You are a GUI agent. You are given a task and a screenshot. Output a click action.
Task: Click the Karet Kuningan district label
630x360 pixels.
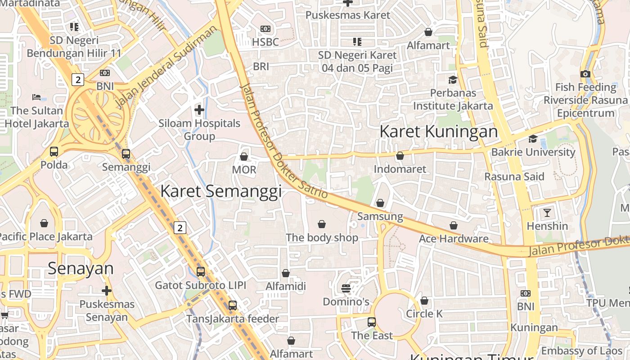click(439, 132)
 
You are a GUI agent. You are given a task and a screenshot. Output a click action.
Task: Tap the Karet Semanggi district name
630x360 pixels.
click(221, 191)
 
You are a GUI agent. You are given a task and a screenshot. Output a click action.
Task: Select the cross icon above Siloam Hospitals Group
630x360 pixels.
click(199, 109)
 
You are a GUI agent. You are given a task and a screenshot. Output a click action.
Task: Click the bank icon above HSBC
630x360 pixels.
click(265, 29)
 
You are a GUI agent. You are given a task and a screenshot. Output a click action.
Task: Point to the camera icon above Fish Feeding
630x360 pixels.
click(585, 74)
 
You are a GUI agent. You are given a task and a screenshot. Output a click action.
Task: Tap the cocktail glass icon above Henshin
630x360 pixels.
click(547, 212)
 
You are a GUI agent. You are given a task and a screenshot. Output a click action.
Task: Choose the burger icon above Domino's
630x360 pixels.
click(346, 288)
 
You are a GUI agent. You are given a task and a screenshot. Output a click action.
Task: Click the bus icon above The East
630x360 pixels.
click(372, 322)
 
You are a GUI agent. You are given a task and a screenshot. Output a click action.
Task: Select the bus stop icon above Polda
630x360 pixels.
click(54, 152)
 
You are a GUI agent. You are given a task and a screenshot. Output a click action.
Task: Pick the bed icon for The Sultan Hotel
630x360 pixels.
click(36, 97)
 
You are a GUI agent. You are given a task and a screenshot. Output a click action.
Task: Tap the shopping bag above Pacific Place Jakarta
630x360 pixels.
click(44, 223)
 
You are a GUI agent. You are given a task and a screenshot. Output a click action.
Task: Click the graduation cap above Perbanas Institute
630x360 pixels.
click(453, 80)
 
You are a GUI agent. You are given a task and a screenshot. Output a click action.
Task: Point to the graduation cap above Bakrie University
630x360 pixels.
click(533, 139)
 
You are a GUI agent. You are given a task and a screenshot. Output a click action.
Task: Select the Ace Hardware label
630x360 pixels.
click(454, 238)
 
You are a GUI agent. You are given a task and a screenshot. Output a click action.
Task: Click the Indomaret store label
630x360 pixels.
click(400, 169)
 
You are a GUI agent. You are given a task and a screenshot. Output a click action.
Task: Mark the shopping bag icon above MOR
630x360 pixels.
click(244, 156)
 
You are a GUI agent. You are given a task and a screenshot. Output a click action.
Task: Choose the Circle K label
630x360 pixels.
click(424, 314)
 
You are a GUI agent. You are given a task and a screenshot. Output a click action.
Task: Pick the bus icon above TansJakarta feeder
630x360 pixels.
click(233, 305)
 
